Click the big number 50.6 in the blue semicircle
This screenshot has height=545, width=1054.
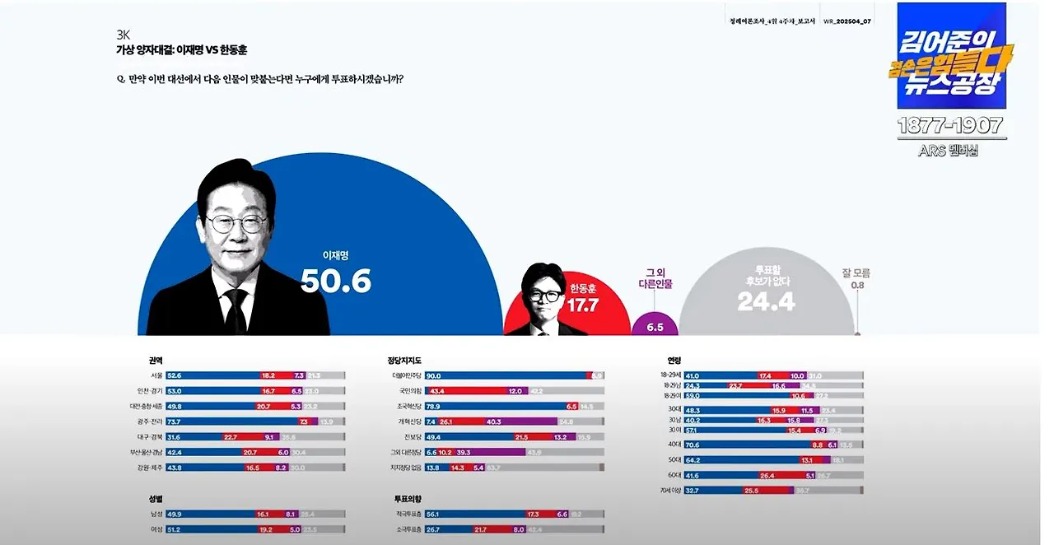coord(336,281)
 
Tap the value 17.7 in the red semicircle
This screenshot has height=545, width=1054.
coord(583,305)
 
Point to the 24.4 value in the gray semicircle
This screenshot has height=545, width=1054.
coord(765,301)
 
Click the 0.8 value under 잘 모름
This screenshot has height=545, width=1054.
coord(857,286)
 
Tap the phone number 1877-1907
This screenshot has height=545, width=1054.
coord(950,126)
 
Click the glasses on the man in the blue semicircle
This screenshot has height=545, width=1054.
coord(238,222)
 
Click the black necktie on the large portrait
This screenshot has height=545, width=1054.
coord(236,310)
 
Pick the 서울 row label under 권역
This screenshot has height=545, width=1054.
coord(156,375)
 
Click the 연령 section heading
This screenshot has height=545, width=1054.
coord(674,360)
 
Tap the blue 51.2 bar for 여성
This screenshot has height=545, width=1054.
coord(210,529)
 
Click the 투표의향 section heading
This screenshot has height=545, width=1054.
coord(408,498)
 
